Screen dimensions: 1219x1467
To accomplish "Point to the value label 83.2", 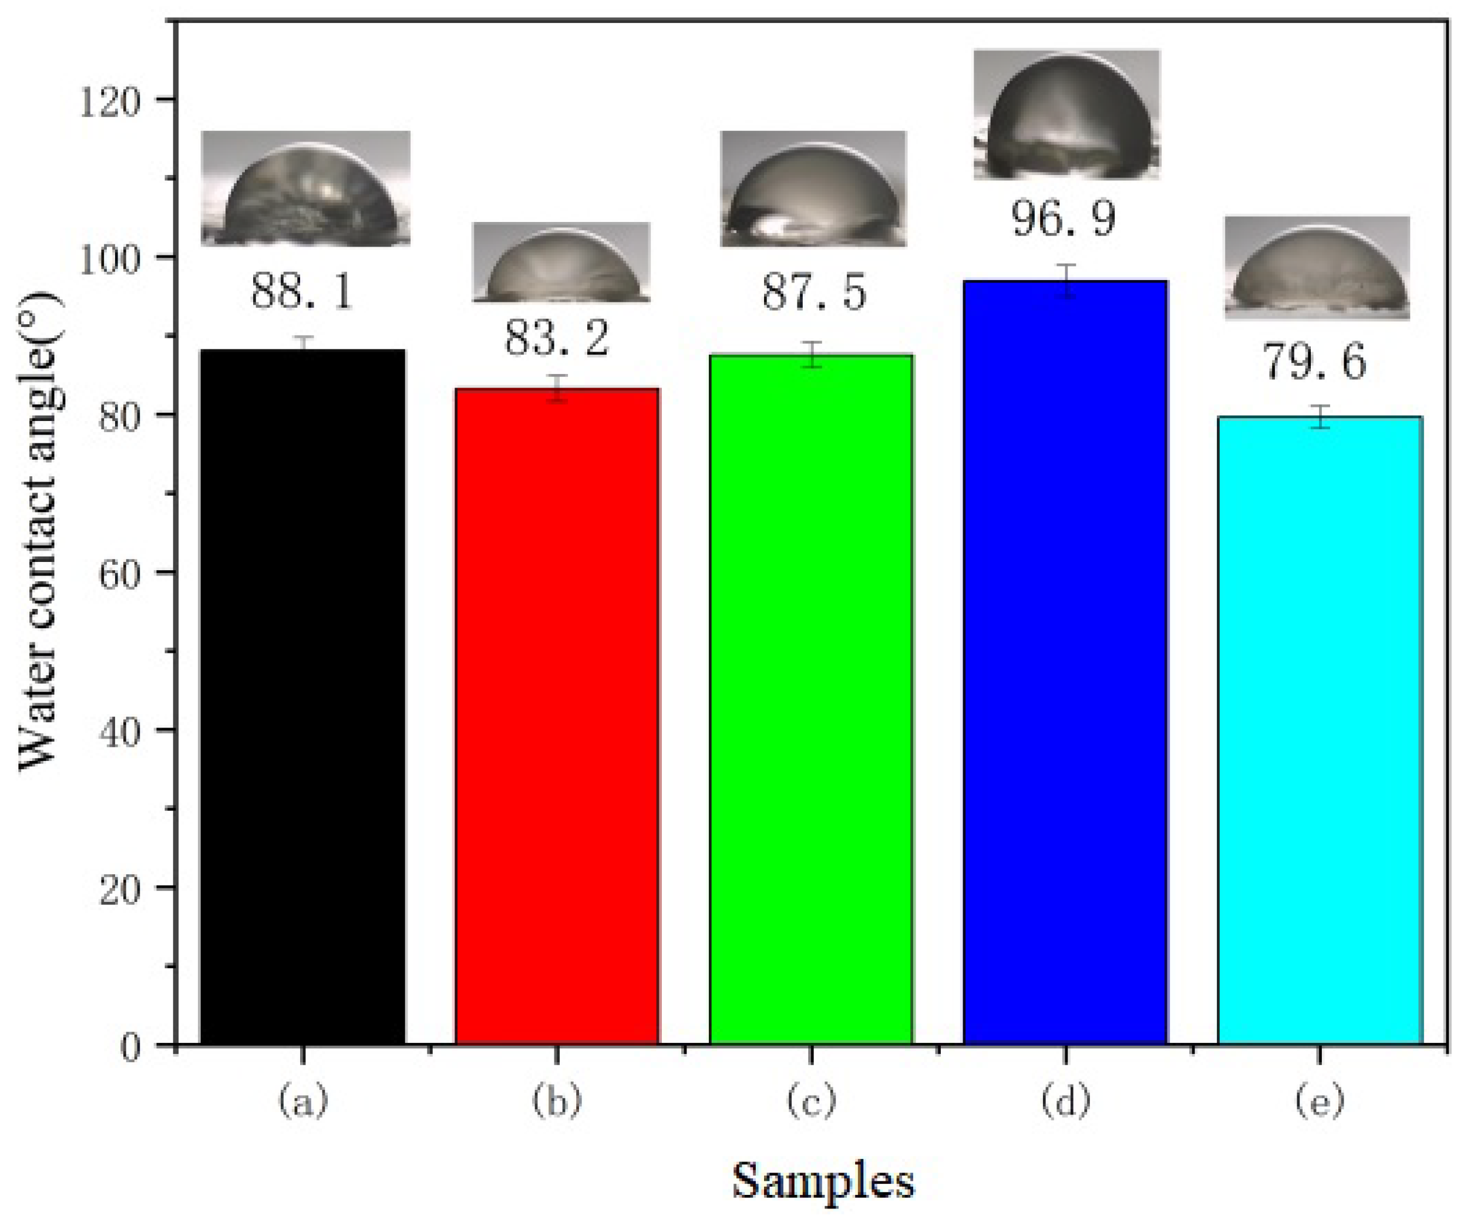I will coord(557,339).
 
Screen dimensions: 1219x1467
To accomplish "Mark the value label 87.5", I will coord(814,292).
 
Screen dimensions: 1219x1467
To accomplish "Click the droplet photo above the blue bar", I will coord(1066,114).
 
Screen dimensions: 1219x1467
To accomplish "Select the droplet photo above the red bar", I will coord(561,262).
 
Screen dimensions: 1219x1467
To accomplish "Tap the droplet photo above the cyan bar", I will coord(1317,268).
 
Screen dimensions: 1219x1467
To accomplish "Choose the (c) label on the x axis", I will coord(811,1102).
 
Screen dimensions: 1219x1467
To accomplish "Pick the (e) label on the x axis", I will coord(1320,1102).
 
